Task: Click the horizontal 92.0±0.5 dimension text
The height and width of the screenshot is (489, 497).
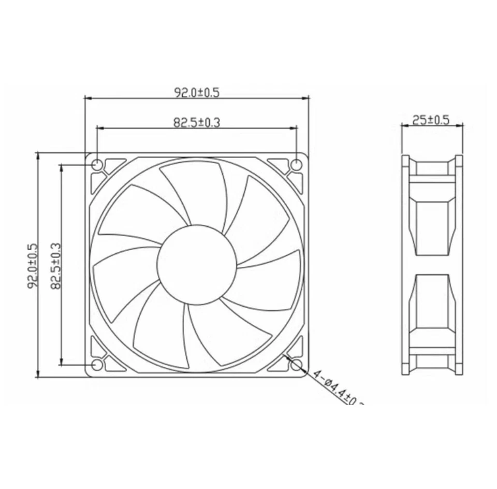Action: point(197,93)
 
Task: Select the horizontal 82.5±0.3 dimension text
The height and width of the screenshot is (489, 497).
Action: point(197,122)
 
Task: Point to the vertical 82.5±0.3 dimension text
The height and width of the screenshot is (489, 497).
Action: point(56,265)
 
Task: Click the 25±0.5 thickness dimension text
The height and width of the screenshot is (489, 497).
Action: point(430,120)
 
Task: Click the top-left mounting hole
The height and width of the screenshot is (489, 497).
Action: point(97,165)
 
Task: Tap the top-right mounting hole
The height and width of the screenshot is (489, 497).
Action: point(296,165)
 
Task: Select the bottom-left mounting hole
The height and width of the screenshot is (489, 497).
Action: point(97,365)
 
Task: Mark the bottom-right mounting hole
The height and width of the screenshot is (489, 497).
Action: point(296,365)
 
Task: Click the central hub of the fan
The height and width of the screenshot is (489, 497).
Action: point(197,265)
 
